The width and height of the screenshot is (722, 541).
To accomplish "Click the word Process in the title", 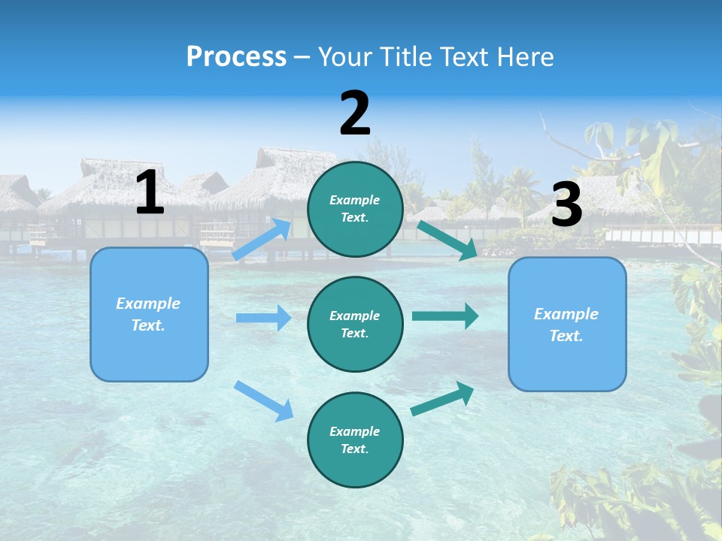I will (236, 57).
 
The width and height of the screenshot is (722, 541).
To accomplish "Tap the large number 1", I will (150, 192).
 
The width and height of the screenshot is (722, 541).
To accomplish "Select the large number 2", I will (355, 113).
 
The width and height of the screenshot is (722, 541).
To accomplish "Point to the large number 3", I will (566, 204).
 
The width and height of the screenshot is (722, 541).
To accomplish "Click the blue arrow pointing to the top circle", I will (262, 240).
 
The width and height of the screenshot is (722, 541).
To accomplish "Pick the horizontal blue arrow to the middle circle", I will (263, 318).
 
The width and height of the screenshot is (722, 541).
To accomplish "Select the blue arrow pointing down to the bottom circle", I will (263, 400).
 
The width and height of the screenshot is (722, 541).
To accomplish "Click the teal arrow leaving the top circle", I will (447, 240).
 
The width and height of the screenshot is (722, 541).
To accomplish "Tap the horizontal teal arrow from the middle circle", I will (444, 316).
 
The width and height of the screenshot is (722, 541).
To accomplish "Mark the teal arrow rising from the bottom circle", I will (443, 398).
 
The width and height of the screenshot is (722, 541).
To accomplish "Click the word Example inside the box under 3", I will (566, 314).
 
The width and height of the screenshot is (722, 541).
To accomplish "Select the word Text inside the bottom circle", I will (353, 449).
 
